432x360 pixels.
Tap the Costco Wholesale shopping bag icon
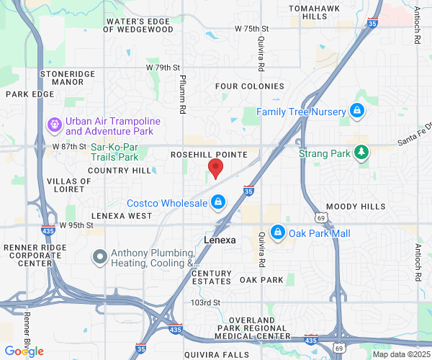218,204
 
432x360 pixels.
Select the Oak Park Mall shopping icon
278,233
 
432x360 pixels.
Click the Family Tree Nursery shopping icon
356,111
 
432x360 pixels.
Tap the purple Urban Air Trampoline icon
54,125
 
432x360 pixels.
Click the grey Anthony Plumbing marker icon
101,256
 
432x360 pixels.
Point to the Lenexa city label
220,240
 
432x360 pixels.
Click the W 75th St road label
251,29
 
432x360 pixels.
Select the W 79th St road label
163,68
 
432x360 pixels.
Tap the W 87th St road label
69,146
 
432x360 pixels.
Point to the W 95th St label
76,225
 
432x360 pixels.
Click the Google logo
24,351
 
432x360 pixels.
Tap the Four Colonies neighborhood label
250,86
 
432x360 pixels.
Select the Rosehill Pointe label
209,155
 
